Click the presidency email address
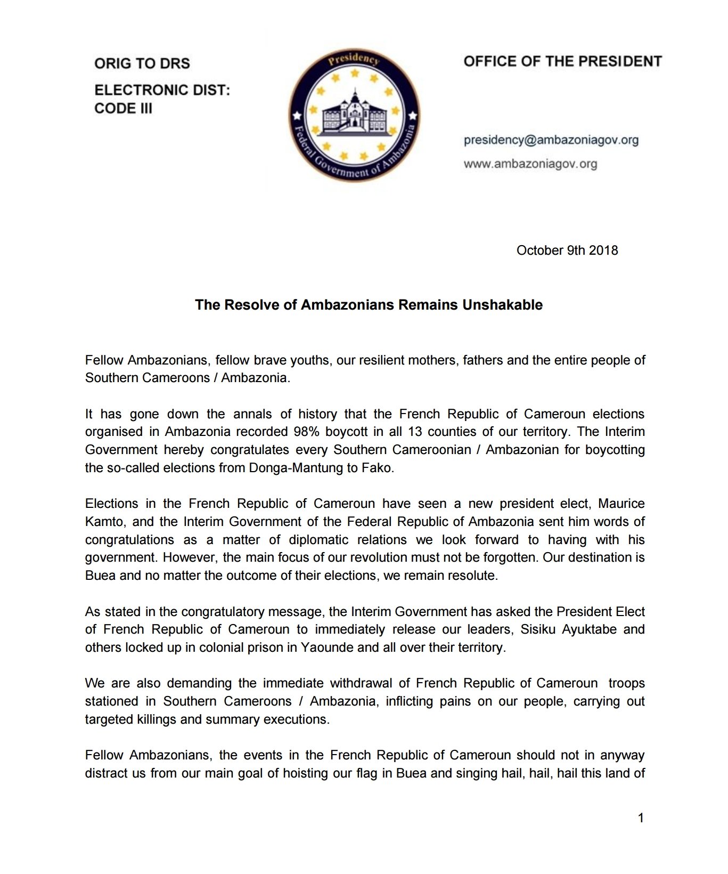pos(551,140)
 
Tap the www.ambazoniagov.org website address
pos(530,164)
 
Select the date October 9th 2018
pos(567,250)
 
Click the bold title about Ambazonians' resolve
pos(369,305)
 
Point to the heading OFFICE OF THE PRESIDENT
pos(562,61)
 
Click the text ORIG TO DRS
pos(142,63)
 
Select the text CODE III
pos(123,108)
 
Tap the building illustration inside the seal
pos(354,114)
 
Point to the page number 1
pos(641,818)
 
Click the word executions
pos(300,719)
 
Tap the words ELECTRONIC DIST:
pos(162,90)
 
